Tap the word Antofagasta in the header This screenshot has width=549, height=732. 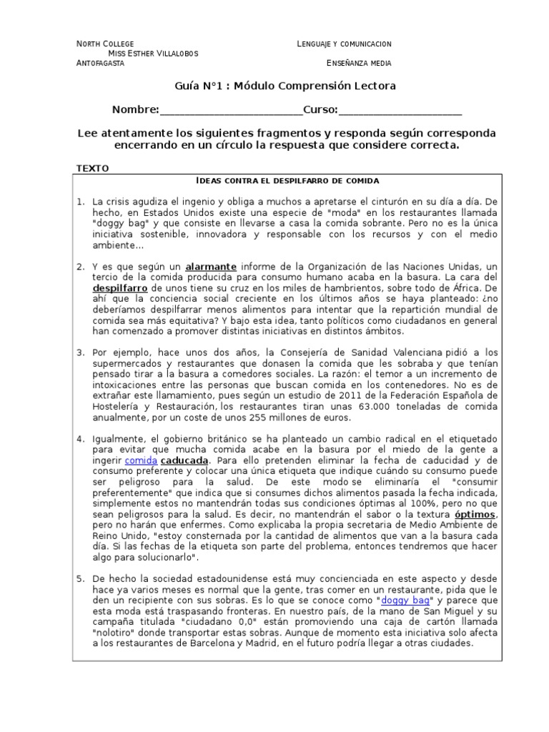(100, 63)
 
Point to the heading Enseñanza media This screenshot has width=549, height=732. (359, 63)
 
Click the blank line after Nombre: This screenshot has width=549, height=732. (231, 111)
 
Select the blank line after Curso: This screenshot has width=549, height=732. (400, 111)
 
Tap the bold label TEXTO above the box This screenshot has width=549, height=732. (92, 168)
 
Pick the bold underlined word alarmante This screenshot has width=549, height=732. (211, 267)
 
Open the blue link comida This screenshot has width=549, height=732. (140, 461)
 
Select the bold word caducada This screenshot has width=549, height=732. (184, 461)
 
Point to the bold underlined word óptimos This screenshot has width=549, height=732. (474, 515)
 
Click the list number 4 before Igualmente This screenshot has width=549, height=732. (81, 437)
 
